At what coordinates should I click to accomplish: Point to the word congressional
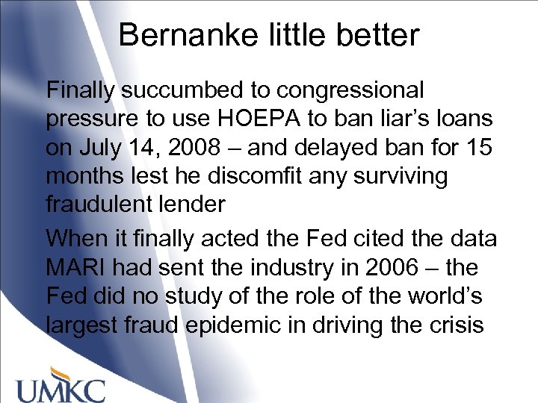point(350,91)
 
